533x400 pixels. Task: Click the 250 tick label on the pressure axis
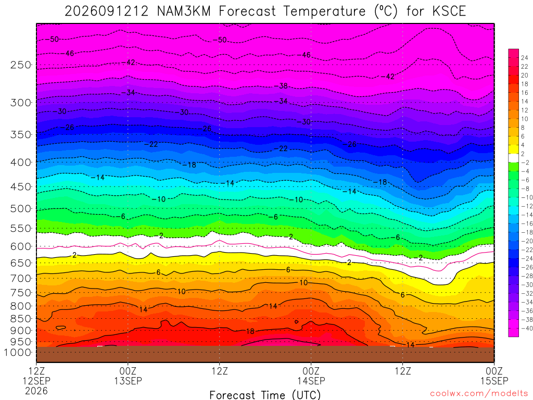pos(21,65)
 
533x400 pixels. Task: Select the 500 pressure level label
pos(21,208)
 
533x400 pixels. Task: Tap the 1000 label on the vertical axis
pos(18,353)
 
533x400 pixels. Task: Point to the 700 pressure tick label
pos(21,278)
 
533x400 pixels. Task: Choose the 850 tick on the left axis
pos(21,319)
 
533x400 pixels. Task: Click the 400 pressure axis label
pos(21,162)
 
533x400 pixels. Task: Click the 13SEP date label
pos(128,381)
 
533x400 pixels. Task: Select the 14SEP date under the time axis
pos(311,381)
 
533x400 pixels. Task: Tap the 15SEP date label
pos(494,381)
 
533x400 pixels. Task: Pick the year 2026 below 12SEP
pos(36,391)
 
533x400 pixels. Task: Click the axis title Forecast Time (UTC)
pos(265,395)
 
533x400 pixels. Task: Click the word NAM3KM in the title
pos(184,11)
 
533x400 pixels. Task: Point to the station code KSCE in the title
pos(449,11)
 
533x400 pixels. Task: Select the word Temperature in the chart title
pos(324,11)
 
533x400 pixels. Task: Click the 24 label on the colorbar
pos(525,58)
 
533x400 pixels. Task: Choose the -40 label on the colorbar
pos(527,328)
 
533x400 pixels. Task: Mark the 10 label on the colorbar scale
pos(525,119)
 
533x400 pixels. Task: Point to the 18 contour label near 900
pos(250,331)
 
